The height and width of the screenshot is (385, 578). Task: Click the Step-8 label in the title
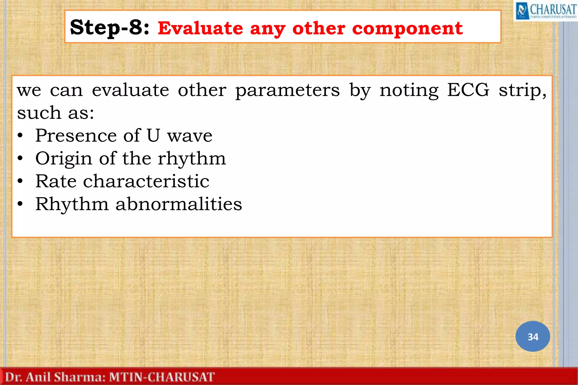(x=110, y=28)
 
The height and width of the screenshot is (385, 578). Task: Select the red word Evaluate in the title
(x=200, y=28)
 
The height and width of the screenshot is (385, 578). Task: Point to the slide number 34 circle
(x=533, y=336)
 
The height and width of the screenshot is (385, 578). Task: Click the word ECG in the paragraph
(x=468, y=90)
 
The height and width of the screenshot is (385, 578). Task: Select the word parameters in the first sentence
(x=288, y=91)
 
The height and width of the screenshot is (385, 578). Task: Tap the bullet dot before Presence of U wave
(x=20, y=136)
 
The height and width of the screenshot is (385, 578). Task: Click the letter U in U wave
(x=153, y=135)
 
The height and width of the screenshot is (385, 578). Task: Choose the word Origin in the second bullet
(x=64, y=159)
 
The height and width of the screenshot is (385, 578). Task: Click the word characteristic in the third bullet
(x=146, y=181)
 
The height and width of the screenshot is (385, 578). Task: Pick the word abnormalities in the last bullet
(x=178, y=204)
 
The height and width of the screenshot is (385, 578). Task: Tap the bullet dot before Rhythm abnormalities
(x=20, y=204)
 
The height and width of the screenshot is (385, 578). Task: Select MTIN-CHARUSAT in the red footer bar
(x=162, y=377)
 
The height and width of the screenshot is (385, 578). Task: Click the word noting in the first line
(x=409, y=91)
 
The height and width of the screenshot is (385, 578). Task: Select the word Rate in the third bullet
(x=56, y=181)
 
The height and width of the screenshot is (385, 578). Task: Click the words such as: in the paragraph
(x=55, y=113)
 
